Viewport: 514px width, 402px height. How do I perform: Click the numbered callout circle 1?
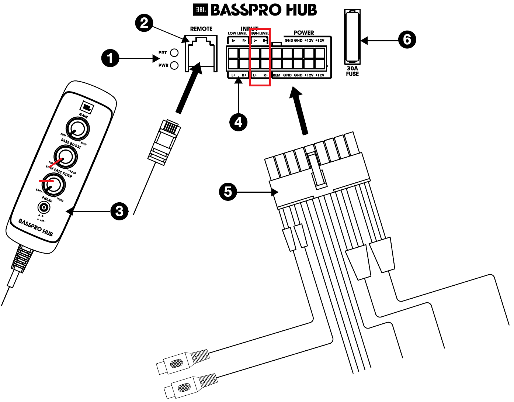pyautogui.click(x=110, y=58)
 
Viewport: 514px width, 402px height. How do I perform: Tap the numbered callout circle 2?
pyautogui.click(x=144, y=23)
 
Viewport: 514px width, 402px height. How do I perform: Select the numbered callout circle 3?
pyautogui.click(x=119, y=212)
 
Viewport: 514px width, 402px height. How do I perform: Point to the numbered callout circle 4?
pyautogui.click(x=238, y=122)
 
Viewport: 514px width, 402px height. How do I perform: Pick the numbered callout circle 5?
pyautogui.click(x=228, y=192)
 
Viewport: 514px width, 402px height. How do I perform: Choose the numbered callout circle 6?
pyautogui.click(x=407, y=39)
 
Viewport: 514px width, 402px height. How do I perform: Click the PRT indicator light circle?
pyautogui.click(x=174, y=53)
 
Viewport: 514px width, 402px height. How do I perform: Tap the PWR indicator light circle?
pyautogui.click(x=174, y=65)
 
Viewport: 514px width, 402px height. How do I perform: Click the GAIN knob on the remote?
pyautogui.click(x=77, y=129)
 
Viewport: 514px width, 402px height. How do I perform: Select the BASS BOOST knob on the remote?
pyautogui.click(x=66, y=157)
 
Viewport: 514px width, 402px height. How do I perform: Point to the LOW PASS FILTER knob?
pyautogui.click(x=53, y=185)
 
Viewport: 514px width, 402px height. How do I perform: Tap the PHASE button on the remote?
pyautogui.click(x=45, y=208)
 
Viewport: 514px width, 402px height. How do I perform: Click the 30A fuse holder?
pyautogui.click(x=352, y=37)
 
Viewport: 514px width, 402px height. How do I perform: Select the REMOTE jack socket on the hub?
pyautogui.click(x=201, y=53)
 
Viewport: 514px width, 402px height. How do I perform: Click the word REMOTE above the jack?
pyautogui.click(x=201, y=29)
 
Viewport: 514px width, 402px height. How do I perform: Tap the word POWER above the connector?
pyautogui.click(x=303, y=33)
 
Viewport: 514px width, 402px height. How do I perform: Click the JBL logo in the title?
pyautogui.click(x=201, y=10)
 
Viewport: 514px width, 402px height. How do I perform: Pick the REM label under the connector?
pyautogui.click(x=277, y=75)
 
